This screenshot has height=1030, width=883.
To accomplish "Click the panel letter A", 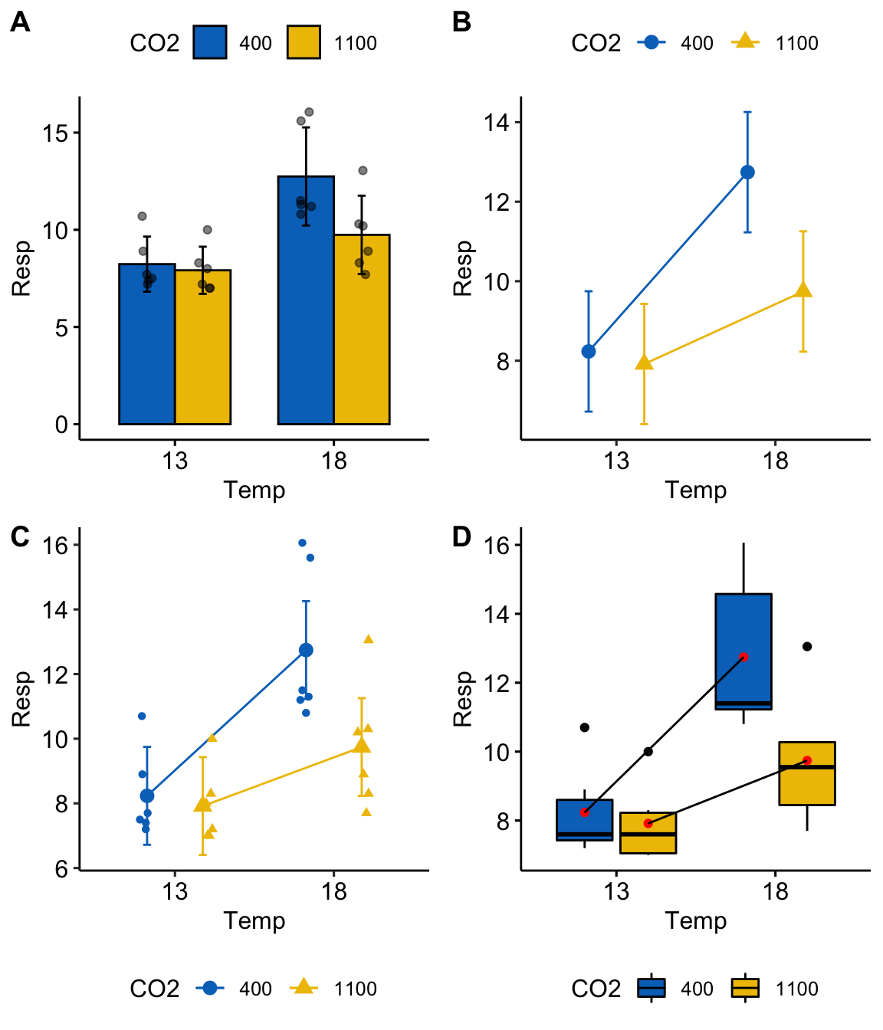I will tap(20, 23).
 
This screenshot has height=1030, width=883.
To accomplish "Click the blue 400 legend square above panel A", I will tap(210, 43).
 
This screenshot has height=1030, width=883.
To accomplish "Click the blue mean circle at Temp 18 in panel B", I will tap(747, 172).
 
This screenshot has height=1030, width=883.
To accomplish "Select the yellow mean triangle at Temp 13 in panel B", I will tap(645, 362).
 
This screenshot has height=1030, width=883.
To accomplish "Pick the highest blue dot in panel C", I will tap(302, 543).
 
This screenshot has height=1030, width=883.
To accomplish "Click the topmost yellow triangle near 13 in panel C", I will tap(212, 738).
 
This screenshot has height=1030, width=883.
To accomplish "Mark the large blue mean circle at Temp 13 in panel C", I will tap(147, 796).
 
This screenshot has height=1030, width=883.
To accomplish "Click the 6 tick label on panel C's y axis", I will tap(62, 868).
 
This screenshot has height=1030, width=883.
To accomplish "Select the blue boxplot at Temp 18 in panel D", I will tap(743, 651).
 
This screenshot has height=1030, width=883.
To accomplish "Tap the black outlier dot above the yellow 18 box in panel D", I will tap(807, 647).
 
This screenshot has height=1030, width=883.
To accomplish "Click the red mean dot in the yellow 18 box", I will tap(807, 760).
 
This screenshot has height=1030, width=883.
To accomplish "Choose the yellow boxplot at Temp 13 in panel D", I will tap(648, 833).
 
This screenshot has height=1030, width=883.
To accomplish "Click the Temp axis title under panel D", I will tap(695, 920).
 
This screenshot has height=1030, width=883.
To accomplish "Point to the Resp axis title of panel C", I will tap(21, 699).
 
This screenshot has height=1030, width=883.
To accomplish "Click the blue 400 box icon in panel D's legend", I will tap(652, 989).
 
